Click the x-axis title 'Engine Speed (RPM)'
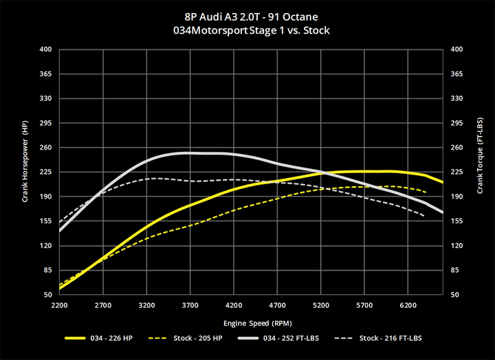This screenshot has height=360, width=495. click(252, 322)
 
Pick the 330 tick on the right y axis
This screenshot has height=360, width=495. click(456, 98)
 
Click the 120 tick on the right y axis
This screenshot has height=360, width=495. click(456, 245)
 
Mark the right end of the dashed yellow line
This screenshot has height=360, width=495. click(426, 192)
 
